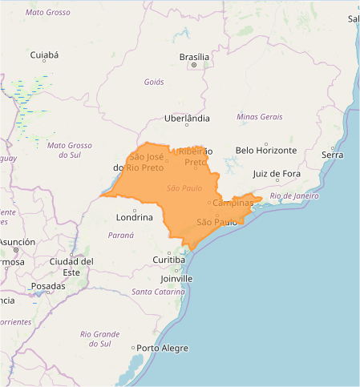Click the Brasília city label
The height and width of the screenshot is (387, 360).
[195, 57]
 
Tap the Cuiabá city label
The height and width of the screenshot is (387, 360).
[44, 55]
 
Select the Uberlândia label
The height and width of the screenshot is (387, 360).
[187, 118]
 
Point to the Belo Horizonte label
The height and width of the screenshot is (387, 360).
[266, 150]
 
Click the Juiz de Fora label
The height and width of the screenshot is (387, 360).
[277, 173]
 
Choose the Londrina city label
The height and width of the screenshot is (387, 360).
[134, 217]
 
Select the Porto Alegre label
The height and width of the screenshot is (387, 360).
[162, 348]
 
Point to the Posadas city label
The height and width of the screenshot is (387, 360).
[48, 285]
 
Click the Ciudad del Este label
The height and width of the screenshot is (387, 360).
[72, 266]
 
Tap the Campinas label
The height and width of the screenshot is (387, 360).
[233, 204]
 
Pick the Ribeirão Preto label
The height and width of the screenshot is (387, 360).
[195, 156]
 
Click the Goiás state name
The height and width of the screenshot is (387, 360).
[154, 82]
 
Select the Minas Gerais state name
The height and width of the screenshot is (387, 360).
[260, 117]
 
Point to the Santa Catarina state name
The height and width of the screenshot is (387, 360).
[159, 291]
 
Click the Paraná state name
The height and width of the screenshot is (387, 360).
[122, 235]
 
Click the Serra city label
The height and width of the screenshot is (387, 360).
[332, 154]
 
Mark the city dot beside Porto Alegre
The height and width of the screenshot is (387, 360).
[133, 348]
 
